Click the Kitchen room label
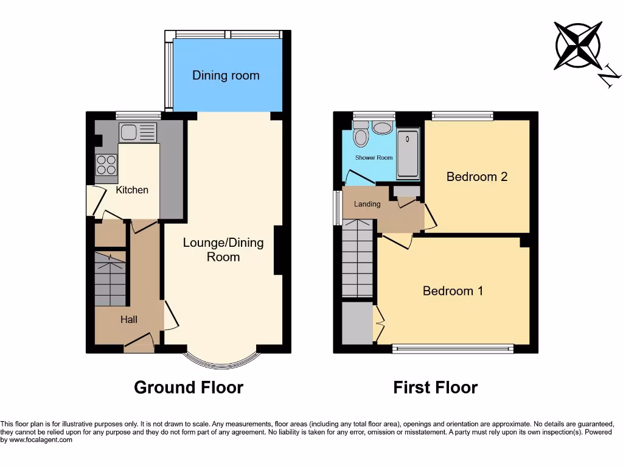click(x=132, y=190)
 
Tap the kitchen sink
click(x=138, y=132)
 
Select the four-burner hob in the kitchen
click(x=106, y=165)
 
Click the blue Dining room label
click(x=226, y=76)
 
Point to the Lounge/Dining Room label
click(x=223, y=250)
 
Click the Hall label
click(x=128, y=319)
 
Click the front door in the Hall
click(x=139, y=342)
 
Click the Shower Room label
click(x=374, y=158)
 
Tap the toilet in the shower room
click(x=361, y=136)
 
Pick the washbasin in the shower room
click(x=383, y=128)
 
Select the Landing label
click(x=367, y=204)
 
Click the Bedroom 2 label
click(x=477, y=177)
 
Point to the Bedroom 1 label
click(x=453, y=291)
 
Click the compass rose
click(x=578, y=46)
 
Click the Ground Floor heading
click(x=189, y=388)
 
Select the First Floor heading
click(x=435, y=388)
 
